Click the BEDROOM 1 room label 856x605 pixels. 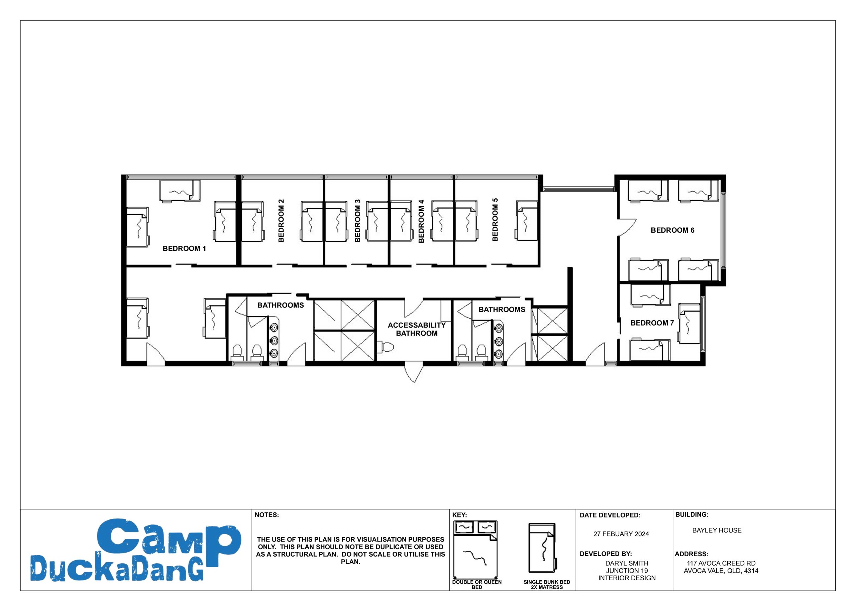coord(184,249)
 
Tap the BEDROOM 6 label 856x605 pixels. coord(672,230)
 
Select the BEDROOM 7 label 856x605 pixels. coord(652,323)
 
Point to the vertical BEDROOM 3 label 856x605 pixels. coord(357,221)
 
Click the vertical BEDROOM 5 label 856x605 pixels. coord(495,220)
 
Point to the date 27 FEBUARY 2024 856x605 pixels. coord(621,534)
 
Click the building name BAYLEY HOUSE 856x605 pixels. coord(717,530)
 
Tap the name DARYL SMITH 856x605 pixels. coord(627,563)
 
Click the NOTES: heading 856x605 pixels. coord(266,515)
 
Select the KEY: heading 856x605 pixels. coord(460,515)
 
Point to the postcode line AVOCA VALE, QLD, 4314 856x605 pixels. coord(721,571)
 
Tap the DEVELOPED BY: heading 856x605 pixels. coord(606,554)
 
